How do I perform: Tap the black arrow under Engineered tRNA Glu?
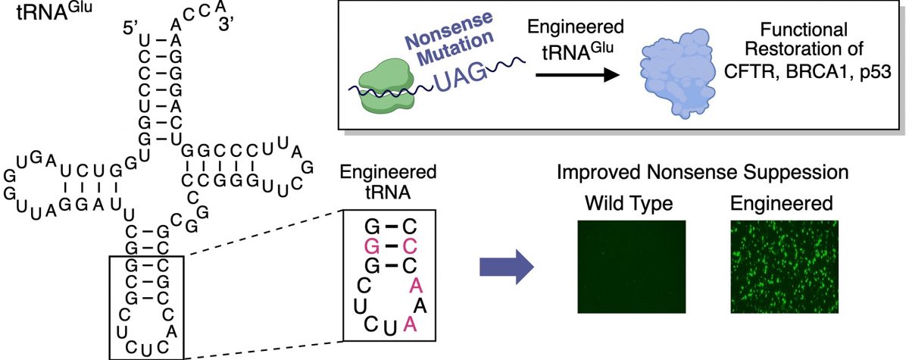[577, 75]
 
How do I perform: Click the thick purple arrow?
[507, 267]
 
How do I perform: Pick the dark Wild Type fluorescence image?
[632, 267]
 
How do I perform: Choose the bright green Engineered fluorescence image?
[785, 267]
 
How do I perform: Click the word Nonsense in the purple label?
[449, 30]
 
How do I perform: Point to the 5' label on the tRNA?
[131, 28]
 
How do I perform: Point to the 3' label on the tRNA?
[226, 25]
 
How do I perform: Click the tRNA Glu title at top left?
[55, 11]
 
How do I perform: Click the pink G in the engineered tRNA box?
[372, 246]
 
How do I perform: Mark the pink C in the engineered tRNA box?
[410, 246]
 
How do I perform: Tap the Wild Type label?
[629, 203]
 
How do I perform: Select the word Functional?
[804, 30]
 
